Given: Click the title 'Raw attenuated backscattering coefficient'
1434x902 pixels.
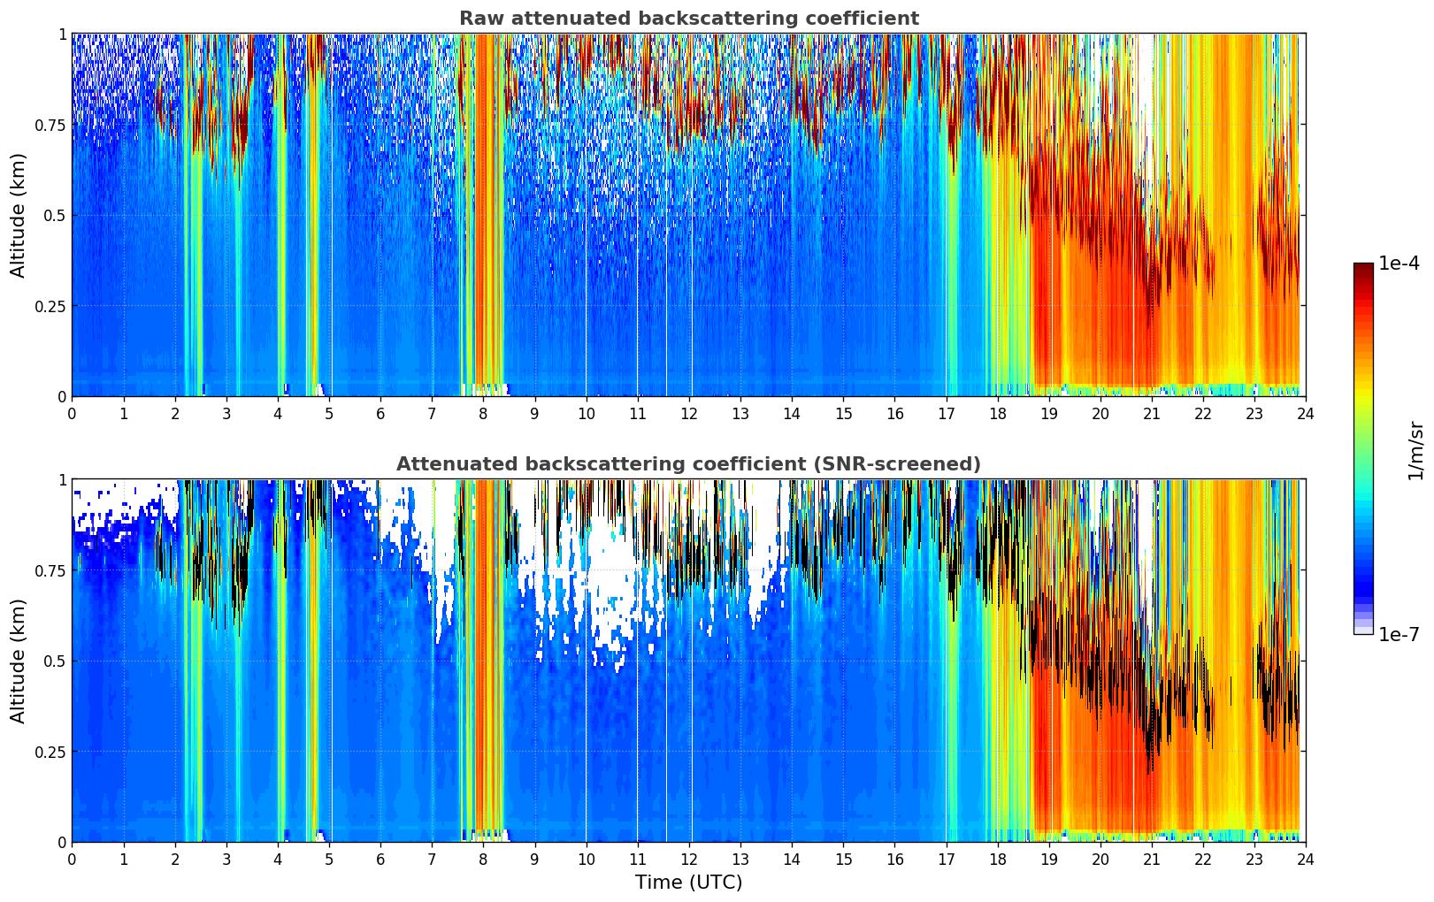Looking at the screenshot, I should (688, 19).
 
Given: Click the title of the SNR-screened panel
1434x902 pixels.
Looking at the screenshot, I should (688, 464).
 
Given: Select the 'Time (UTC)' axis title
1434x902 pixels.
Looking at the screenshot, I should (688, 883).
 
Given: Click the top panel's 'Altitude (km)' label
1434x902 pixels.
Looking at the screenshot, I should (19, 215).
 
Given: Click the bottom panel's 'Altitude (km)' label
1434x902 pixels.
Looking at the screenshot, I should (19, 661).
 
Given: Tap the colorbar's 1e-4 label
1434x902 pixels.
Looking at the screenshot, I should (1398, 264).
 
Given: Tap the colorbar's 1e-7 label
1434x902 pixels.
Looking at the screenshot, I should (1398, 634).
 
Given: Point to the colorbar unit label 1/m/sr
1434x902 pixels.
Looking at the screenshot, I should (1415, 450).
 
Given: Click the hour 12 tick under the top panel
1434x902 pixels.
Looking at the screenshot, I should (688, 413).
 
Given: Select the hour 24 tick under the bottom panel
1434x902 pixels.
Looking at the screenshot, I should (1305, 859).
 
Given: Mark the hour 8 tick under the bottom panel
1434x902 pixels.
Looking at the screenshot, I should (483, 859).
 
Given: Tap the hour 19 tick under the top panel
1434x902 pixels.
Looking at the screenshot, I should (1048, 413).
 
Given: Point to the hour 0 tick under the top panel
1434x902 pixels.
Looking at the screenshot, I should (72, 413).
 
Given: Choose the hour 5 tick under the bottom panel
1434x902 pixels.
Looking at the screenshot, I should (329, 859).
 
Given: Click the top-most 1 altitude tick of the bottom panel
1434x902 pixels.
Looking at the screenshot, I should (62, 480).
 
